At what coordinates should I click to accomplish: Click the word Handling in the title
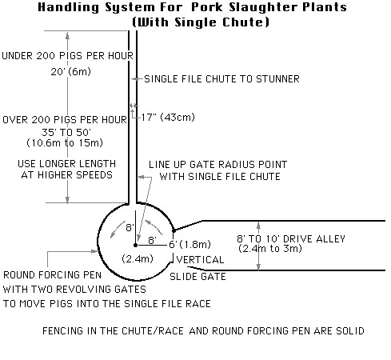click(68, 7)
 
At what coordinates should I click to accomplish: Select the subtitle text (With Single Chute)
click(201, 22)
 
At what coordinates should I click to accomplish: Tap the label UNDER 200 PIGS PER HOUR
click(67, 56)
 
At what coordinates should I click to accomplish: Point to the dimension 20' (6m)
click(71, 71)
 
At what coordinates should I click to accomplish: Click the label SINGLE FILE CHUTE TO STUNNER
click(221, 79)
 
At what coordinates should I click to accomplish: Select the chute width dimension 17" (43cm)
click(168, 117)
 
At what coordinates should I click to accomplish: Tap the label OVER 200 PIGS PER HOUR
click(65, 120)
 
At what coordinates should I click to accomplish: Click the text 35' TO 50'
click(66, 132)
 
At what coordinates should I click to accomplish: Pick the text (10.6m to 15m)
click(65, 142)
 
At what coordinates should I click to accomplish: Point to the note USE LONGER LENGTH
click(67, 163)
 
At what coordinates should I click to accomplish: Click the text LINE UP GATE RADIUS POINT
click(218, 165)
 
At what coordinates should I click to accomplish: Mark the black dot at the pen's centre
click(136, 245)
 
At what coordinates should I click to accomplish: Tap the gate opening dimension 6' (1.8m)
click(190, 244)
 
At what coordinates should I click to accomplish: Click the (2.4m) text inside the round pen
click(138, 258)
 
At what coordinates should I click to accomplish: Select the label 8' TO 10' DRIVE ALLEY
click(291, 238)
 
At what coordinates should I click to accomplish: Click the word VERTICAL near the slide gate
click(201, 260)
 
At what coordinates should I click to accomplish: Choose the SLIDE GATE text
click(197, 277)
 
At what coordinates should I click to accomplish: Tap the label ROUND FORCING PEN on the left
click(52, 275)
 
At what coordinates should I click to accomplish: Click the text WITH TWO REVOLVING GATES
click(74, 290)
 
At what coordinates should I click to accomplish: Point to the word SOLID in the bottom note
click(350, 331)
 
